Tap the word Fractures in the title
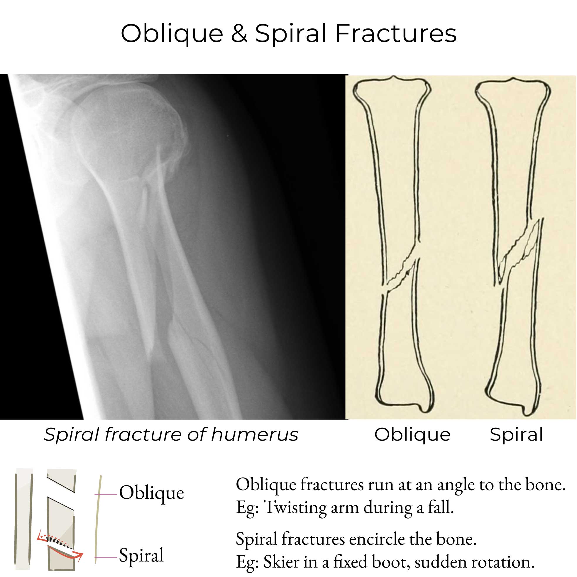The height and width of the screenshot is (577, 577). tap(396, 33)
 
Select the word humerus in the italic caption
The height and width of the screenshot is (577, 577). tap(255, 435)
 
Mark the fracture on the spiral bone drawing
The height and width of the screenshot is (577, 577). tap(520, 251)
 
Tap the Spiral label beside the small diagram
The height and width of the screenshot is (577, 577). tap(141, 555)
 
